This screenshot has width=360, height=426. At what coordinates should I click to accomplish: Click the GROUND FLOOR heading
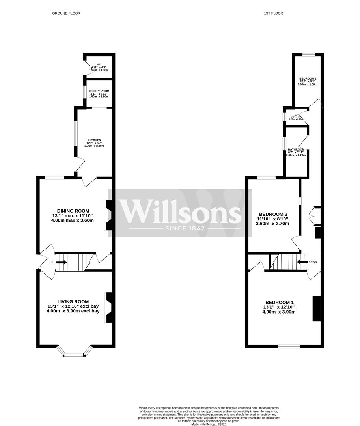coord(66,13)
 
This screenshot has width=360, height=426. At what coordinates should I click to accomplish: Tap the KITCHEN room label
coord(95,140)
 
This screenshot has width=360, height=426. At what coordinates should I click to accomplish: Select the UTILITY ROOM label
coord(99,91)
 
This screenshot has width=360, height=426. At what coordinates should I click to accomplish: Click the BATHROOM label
coord(296,150)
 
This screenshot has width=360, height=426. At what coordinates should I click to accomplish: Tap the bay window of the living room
coord(75,355)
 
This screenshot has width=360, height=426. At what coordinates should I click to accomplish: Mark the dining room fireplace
coord(108,215)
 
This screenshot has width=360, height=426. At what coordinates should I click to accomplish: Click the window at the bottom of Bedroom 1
coord(289,346)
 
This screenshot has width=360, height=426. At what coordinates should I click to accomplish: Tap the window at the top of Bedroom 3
coord(309,54)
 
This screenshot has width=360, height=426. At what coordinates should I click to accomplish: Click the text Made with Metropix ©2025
coord(209,424)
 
